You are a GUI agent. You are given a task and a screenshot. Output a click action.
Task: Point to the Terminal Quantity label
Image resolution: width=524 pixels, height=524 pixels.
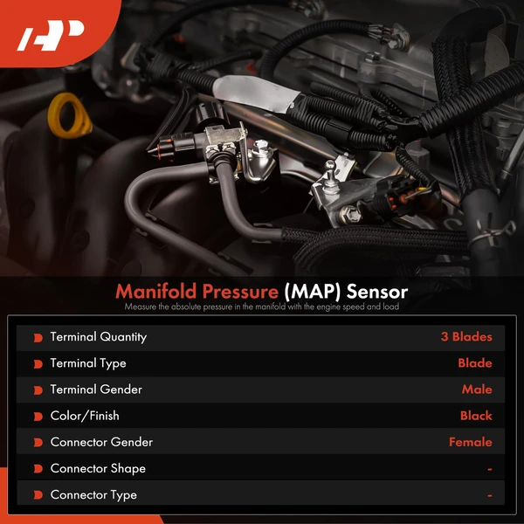coord(98,337)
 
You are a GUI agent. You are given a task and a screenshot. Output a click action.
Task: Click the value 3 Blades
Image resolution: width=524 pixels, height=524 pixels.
coord(465,337)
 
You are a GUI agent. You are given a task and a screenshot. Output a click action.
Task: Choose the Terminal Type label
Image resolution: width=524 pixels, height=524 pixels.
coord(88,363)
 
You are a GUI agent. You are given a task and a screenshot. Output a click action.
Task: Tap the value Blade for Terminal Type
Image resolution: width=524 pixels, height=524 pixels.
coord(474,363)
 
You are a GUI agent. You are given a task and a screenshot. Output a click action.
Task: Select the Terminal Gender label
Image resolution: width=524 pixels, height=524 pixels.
coord(96,390)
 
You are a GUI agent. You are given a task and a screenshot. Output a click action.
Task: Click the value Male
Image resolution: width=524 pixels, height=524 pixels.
coord(477,390)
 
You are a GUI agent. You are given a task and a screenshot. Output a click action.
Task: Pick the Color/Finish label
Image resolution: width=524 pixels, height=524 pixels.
coord(85,416)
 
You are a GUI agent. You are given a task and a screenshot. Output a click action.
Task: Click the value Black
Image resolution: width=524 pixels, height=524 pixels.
coord(476,416)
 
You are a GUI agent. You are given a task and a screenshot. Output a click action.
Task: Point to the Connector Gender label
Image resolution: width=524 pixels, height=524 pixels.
coord(101,442)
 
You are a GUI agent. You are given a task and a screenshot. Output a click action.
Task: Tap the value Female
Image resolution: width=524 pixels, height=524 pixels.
coord(470,442)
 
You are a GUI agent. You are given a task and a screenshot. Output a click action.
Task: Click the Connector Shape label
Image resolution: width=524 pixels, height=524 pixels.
coord(98,468)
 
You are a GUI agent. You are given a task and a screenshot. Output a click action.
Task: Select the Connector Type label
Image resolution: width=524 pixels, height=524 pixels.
coord(93,494)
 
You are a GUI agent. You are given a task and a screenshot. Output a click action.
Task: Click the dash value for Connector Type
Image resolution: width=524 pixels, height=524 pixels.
coord(489,495)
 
